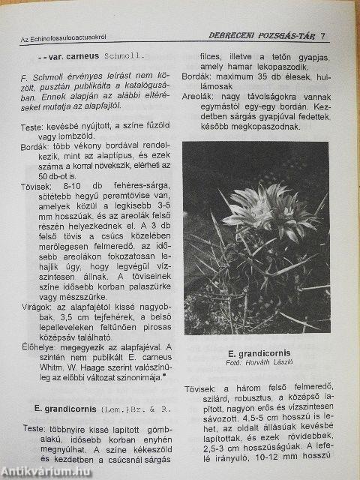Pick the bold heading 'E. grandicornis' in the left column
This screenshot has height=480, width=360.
tap(67, 409)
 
